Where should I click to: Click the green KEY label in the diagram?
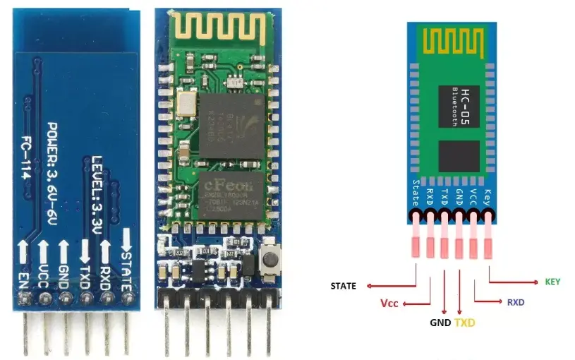click(x=553, y=282)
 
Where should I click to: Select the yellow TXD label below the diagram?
click(x=465, y=323)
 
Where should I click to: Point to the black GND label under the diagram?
click(x=440, y=323)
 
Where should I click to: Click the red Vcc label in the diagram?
click(x=389, y=304)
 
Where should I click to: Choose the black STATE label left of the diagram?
click(x=343, y=286)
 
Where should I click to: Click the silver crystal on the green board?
click(x=186, y=104)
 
